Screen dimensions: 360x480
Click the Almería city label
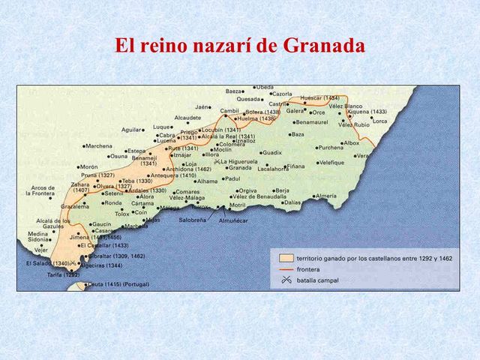(326, 196)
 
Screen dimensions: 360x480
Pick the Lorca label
(380, 121)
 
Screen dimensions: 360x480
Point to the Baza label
(298, 135)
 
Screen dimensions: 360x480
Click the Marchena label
(99, 146)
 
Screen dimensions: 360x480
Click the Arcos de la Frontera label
(42, 190)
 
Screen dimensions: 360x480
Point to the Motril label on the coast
(238, 205)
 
